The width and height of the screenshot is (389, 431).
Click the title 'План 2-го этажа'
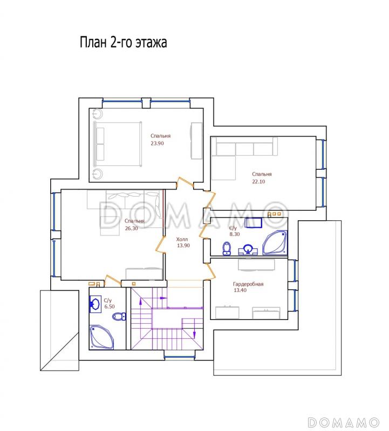pos(124,43)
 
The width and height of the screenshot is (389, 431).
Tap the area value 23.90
pos(157,143)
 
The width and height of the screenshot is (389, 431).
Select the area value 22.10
pos(259,182)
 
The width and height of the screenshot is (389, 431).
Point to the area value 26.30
pos(131,228)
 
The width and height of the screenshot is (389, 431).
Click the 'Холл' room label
pos(182,239)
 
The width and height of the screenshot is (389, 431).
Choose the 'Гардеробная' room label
pos(248,284)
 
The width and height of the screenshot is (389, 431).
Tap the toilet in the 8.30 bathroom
pos(227,249)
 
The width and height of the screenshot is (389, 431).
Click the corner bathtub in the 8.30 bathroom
pos(275,243)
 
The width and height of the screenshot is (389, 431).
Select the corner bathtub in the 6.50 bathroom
pos(101,337)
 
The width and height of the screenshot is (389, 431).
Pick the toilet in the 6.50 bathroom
pos(119,316)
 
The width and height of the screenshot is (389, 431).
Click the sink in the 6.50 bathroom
pos(95,304)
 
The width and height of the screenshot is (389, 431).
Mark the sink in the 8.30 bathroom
pos(248,249)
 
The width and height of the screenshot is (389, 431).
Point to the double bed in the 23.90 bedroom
pos(118,144)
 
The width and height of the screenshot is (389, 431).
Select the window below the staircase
pos(180,357)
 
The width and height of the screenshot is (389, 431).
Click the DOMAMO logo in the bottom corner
pos(344,422)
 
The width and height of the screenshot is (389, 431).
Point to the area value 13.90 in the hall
pos(183,246)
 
